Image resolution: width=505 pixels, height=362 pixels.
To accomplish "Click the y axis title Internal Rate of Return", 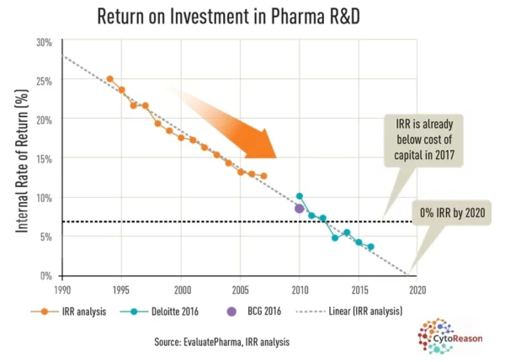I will (19, 159).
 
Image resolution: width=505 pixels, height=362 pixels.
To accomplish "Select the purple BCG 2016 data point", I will (299, 208).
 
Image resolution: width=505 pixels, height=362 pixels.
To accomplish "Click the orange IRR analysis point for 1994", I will (109, 79).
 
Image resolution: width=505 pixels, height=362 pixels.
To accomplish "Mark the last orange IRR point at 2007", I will (263, 176).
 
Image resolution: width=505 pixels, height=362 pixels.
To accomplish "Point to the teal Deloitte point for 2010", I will (300, 196).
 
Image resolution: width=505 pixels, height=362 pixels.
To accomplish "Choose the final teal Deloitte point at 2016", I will (370, 247).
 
